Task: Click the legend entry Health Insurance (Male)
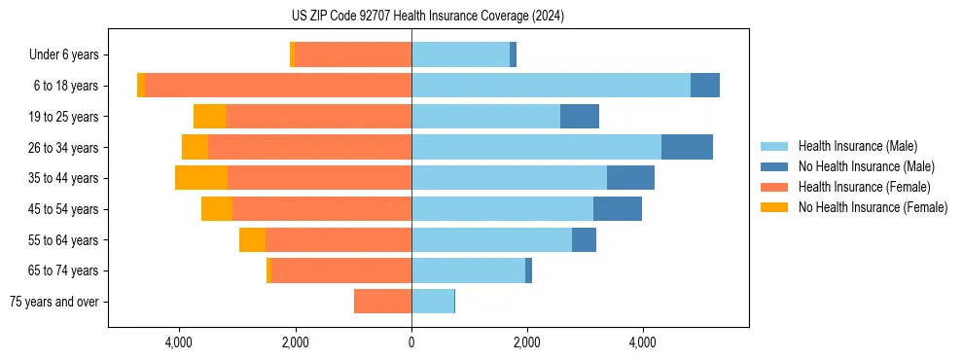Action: point(857,146)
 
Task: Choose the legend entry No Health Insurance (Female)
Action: point(873,207)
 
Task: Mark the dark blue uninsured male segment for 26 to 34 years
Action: point(687,147)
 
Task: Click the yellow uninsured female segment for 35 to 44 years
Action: point(201,178)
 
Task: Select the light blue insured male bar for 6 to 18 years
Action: point(551,86)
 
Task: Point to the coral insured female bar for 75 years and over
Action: point(382,302)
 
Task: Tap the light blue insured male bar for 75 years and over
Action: point(433,302)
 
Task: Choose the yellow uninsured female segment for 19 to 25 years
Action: point(210,117)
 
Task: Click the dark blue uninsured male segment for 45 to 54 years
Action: point(618,209)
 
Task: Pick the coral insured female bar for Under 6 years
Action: point(352,54)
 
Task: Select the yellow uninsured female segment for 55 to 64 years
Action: point(252,240)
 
